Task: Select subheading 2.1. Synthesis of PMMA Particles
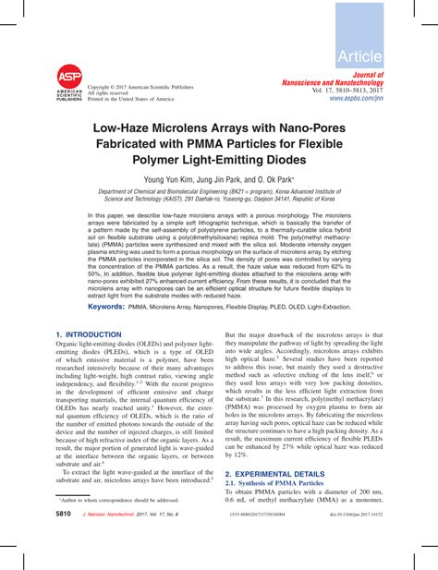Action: point(283,483)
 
